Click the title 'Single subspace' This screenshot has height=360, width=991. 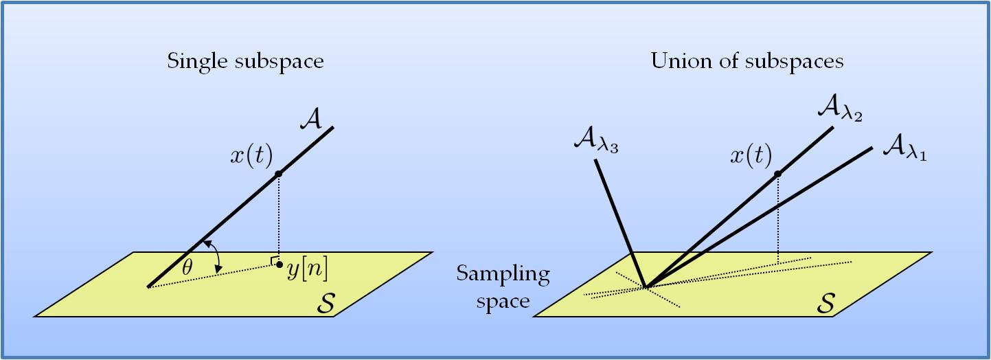(245, 62)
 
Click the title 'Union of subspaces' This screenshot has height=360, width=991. (747, 62)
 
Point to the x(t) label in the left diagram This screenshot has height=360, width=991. (251, 157)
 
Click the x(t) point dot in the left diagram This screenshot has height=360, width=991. (278, 174)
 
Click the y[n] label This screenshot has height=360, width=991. (308, 269)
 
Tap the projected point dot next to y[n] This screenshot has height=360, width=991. (279, 265)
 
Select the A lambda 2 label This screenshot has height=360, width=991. (840, 109)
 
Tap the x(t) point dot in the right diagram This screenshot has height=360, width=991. (777, 174)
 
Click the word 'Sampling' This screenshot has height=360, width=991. (503, 275)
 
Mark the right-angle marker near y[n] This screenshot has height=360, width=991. (274, 260)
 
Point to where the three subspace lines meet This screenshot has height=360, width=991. (645, 287)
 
